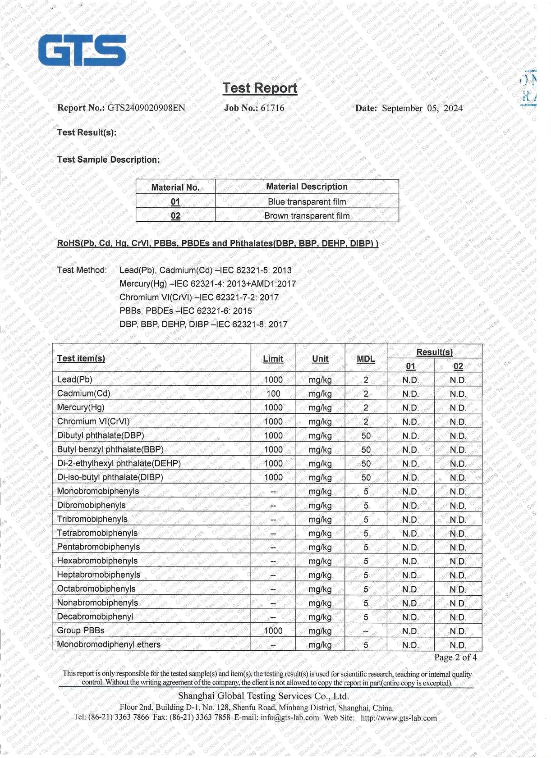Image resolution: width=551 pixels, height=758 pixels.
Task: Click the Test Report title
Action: click(260, 88)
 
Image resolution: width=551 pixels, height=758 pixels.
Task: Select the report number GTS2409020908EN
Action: click(146, 108)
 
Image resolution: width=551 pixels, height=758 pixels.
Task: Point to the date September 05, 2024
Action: click(422, 108)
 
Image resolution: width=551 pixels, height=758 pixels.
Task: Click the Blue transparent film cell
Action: click(307, 201)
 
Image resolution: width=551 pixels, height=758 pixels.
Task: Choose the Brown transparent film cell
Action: click(307, 216)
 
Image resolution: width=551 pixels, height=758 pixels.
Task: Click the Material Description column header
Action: click(307, 187)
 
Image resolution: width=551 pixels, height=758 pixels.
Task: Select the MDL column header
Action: click(366, 359)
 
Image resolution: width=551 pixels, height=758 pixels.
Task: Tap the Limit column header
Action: click(273, 359)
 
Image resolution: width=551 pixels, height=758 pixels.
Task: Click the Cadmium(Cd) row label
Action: click(83, 393)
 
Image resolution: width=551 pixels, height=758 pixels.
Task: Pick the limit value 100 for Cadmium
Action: click(273, 393)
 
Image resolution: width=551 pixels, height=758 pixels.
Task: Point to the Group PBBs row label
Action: click(81, 630)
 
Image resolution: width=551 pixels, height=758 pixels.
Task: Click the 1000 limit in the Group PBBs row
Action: click(273, 630)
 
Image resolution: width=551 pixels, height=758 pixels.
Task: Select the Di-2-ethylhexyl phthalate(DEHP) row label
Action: click(119, 463)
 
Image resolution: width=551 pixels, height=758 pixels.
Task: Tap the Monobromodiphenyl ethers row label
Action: click(109, 644)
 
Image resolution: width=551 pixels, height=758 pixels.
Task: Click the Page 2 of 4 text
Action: click(455, 658)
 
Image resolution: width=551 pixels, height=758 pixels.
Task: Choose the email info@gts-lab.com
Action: click(290, 717)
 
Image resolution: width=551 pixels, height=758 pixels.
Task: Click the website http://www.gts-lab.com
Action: click(399, 718)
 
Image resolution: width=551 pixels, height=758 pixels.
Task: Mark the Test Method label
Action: click(82, 270)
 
